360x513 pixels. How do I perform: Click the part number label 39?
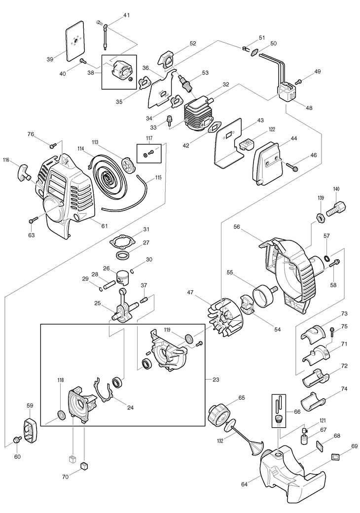50,59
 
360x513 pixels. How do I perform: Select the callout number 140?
336,189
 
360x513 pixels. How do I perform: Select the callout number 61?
105,226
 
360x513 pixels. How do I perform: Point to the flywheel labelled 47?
223,314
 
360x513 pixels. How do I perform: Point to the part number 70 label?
65,477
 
